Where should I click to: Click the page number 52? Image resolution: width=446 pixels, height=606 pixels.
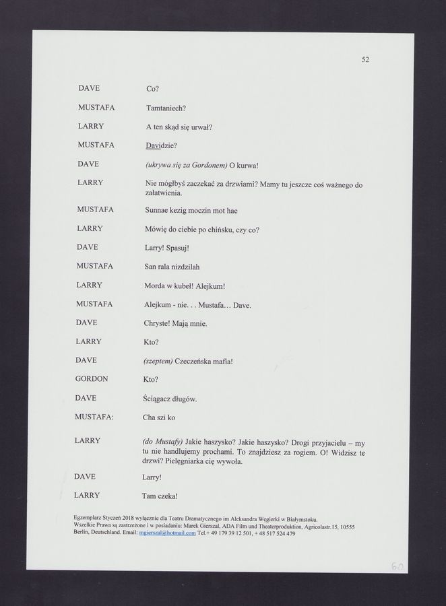[365, 59]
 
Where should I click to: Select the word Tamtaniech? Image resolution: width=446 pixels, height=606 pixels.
[166, 108]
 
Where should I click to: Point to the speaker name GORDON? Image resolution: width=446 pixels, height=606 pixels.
[92, 379]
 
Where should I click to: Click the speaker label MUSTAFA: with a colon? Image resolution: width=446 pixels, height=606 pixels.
[94, 417]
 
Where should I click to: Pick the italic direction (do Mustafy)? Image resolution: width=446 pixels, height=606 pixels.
[162, 441]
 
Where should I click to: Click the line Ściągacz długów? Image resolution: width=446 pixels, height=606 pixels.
[170, 399]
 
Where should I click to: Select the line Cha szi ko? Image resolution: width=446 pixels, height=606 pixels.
[159, 417]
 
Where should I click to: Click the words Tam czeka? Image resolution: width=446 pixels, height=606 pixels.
[160, 496]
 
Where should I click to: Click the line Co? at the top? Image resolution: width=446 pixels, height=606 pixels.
[152, 89]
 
